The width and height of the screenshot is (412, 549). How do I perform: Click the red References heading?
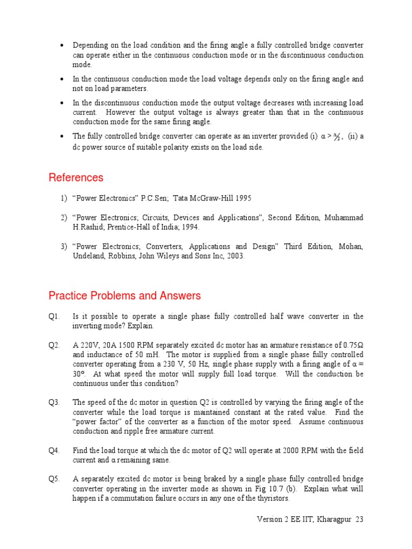(x=76, y=177)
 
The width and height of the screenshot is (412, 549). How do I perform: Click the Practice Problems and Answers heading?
(x=124, y=295)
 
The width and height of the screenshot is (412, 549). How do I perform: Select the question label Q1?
(x=54, y=316)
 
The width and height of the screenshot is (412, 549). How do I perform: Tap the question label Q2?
(x=54, y=345)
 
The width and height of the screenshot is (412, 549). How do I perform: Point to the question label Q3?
(x=54, y=402)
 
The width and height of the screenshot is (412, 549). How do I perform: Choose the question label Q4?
(x=54, y=450)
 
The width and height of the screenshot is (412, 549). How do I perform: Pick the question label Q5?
(x=54, y=479)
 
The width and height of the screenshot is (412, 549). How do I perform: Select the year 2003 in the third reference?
(x=235, y=256)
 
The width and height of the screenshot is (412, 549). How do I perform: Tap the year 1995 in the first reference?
(x=241, y=198)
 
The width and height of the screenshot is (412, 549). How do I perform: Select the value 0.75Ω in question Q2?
(x=352, y=345)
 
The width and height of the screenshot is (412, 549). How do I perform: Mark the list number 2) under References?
(x=64, y=218)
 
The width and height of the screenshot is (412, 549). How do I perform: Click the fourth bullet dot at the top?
(x=63, y=136)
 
